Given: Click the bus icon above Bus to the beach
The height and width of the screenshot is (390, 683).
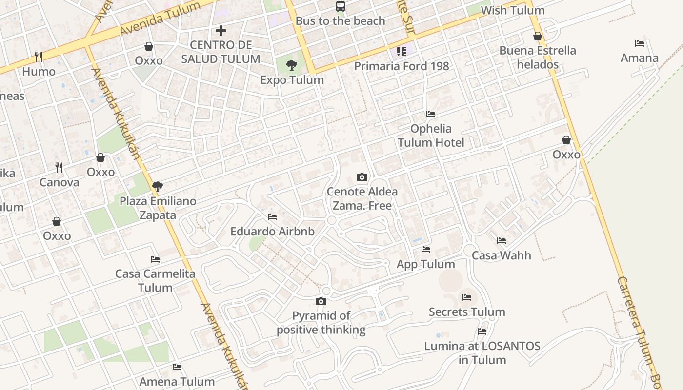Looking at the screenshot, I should point(341,6).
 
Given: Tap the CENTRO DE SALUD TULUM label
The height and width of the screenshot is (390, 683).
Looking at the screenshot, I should point(221,52).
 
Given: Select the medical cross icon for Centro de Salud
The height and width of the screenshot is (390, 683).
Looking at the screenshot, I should point(221,31).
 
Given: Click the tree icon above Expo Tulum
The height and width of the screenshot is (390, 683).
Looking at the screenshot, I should point(292,65).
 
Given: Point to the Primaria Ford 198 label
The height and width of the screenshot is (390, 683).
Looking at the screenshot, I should point(401,66).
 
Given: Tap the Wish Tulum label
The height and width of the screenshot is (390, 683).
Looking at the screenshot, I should point(512,10).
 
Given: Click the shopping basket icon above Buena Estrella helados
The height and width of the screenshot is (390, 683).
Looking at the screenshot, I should point(538,36).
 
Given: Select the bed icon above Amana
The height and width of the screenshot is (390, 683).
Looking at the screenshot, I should point(640,43).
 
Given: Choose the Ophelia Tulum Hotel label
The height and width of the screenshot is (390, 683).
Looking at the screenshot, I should point(431,136).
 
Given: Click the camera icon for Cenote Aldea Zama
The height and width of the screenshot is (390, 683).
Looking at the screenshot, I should point(362,177).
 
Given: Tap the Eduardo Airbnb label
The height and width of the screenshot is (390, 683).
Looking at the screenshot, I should point(272,232).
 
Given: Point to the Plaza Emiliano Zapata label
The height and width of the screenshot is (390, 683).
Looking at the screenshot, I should point(158,208).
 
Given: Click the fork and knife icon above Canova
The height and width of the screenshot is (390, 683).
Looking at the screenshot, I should point(59,168).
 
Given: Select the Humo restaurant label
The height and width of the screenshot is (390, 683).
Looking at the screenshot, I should point(39,72).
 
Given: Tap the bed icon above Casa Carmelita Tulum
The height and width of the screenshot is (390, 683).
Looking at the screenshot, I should point(155,259).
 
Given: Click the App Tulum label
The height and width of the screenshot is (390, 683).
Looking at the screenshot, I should point(425,264).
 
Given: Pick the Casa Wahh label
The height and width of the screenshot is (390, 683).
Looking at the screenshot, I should point(501,255).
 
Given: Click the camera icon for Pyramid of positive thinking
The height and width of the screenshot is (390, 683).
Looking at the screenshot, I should point(321,301).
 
